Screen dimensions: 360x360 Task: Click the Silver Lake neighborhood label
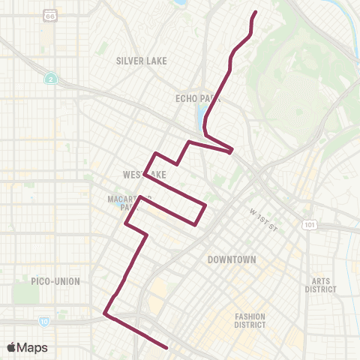coord(141,61)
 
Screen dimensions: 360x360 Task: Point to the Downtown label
coord(232,259)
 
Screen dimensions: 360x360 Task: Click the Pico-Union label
coord(56,281)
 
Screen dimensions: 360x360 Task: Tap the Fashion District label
coord(250,320)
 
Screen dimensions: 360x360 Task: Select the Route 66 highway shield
coord(49,15)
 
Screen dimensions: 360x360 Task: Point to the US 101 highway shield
coord(309,224)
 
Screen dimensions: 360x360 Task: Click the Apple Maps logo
coord(27,347)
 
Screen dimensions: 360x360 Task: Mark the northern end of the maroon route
coord(256,12)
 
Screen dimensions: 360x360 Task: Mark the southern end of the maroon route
coord(166,346)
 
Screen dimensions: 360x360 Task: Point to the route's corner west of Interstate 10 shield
coord(105,315)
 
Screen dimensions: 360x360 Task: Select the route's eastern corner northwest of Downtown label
coord(205,205)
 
